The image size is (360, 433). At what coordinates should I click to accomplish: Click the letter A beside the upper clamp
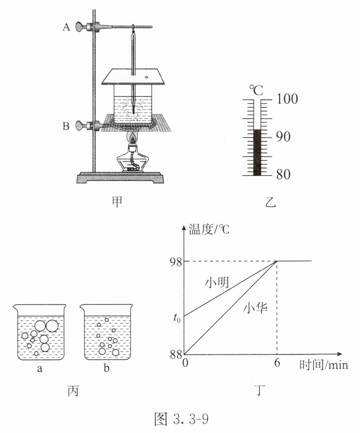pyautogui.click(x=66, y=27)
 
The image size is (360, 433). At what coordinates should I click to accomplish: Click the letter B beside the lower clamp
pyautogui.click(x=66, y=126)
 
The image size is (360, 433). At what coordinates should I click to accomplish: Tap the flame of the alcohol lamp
pyautogui.click(x=134, y=137)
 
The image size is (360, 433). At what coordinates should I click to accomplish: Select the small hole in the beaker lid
pyautogui.click(x=147, y=77)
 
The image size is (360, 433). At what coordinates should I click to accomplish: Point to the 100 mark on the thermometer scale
pyautogui.click(x=287, y=98)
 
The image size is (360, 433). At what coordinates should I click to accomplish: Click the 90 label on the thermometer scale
pyautogui.click(x=283, y=137)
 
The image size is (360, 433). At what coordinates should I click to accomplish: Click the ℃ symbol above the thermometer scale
pyautogui.click(x=256, y=90)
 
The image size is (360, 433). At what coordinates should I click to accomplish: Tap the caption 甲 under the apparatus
pyautogui.click(x=117, y=202)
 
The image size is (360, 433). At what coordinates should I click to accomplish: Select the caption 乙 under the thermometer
pyautogui.click(x=270, y=202)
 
